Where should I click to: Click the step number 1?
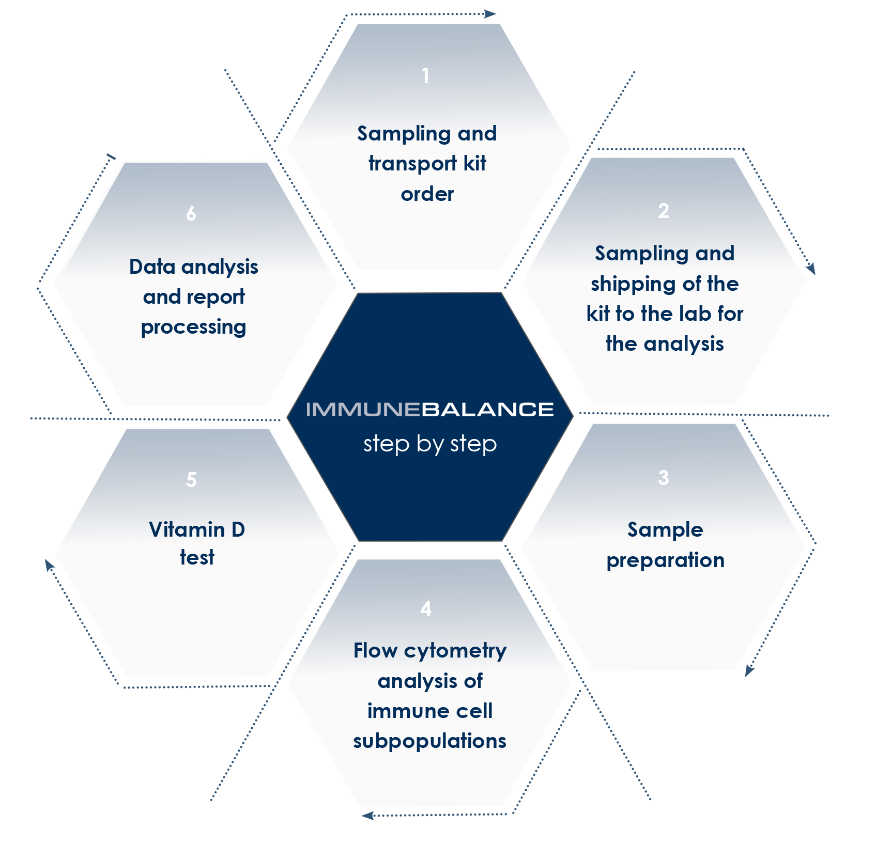tap(425, 76)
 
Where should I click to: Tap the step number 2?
tap(664, 211)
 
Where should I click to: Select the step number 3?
tap(664, 478)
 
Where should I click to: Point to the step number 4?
tap(426, 609)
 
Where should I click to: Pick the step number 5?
tap(191, 480)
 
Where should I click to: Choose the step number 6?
tap(191, 213)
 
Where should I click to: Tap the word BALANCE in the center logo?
tap(487, 410)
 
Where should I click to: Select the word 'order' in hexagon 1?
tap(427, 194)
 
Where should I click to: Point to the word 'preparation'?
tap(666, 560)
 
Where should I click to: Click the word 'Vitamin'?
tap(187, 530)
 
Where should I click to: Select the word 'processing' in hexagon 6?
tap(193, 327)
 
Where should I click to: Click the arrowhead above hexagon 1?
tap(489, 14)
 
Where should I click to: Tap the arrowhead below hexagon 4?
tap(367, 816)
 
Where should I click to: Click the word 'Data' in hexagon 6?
tap(152, 267)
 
